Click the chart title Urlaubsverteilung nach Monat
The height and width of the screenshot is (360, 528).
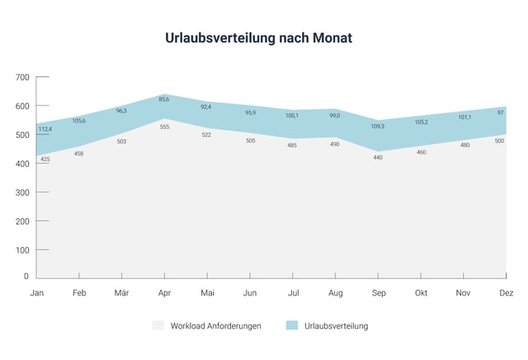pos(264,39)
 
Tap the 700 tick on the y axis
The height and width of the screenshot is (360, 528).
pos(22,78)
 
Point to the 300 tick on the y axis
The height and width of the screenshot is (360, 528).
pos(22,192)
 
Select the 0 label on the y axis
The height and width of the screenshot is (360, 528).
pos(26,277)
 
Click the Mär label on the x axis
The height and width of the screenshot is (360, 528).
pos(121,293)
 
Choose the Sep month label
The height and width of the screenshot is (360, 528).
pos(379,293)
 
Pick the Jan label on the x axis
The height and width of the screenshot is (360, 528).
pos(36,293)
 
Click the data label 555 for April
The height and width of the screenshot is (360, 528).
pos(164,126)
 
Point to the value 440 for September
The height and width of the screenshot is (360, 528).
pos(379,157)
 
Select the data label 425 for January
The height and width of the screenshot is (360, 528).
pos(45,159)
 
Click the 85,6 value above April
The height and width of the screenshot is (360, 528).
pos(164,100)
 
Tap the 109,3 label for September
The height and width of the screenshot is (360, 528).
pos(379,126)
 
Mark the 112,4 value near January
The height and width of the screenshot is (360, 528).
pos(45,129)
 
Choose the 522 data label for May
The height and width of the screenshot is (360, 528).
pos(207,135)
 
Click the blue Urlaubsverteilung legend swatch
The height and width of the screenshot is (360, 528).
pos(291,326)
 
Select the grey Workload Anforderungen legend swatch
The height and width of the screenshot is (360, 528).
pos(158,326)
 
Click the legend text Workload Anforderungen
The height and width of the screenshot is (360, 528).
pos(215,326)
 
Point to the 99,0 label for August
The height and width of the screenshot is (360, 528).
pos(336,116)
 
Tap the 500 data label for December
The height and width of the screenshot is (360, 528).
pos(500,141)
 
